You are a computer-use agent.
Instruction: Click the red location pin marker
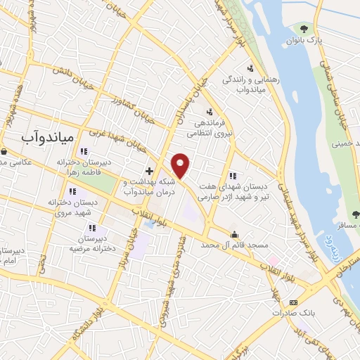point(181,165)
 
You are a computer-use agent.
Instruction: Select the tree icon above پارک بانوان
point(304,28)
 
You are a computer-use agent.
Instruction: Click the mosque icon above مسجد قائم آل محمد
point(234,234)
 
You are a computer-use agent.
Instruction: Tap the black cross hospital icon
point(149,170)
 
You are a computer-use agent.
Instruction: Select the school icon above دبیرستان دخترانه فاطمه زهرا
point(84,150)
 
